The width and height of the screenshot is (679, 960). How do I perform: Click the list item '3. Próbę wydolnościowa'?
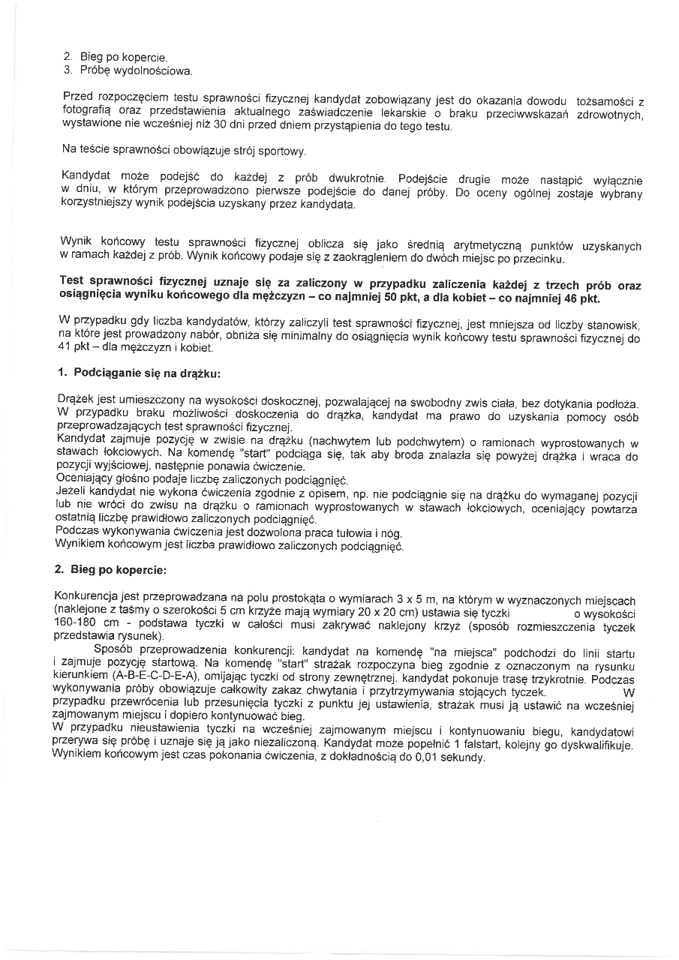127,71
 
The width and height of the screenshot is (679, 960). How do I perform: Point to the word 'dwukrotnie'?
357,179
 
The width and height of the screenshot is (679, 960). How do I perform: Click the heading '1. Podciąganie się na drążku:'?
139,373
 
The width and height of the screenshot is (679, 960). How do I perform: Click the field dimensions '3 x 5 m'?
404,601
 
